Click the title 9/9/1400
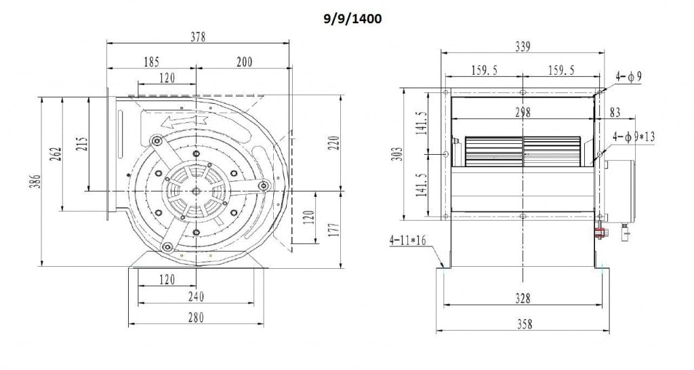pos(352,19)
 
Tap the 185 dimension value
pos(152,62)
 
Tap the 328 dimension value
pos(522,298)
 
